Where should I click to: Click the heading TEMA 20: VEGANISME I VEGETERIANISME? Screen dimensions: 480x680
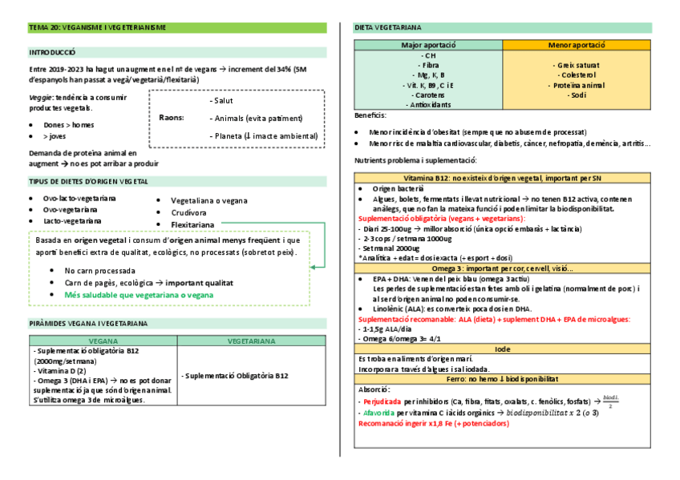[97, 28]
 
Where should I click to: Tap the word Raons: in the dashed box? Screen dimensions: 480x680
[172, 118]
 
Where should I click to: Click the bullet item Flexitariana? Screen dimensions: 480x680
[193, 225]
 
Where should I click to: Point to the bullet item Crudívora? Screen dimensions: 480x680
[188, 212]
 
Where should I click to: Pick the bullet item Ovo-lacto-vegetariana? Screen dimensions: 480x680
[79, 198]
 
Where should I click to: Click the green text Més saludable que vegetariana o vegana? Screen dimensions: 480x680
[139, 294]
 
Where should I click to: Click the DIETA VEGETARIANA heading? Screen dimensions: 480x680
[388, 28]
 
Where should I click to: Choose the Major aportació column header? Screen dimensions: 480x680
[428, 45]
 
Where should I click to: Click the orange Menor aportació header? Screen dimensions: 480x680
[577, 45]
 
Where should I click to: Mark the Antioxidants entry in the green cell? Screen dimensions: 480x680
[429, 104]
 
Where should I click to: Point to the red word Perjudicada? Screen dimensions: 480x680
[382, 400]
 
